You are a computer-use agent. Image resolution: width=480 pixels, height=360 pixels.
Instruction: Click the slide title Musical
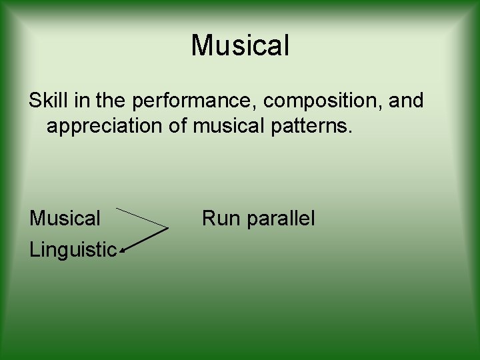[240, 46]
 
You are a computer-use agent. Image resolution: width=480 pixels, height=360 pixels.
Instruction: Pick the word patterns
[314, 126]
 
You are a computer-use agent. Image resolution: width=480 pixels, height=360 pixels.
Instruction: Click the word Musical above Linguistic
[65, 218]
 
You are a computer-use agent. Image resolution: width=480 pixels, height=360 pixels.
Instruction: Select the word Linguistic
[73, 250]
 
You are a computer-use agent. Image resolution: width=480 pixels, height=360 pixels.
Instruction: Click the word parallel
[279, 219]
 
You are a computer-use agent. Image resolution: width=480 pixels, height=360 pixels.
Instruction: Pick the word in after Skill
[78, 101]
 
